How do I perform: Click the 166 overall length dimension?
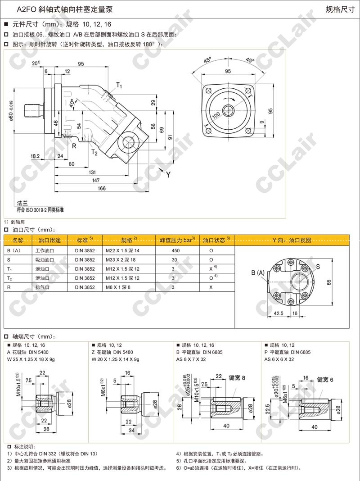101,188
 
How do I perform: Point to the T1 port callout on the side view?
119,85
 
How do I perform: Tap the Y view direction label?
168,175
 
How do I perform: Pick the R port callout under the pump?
74,145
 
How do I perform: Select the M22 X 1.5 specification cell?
122,250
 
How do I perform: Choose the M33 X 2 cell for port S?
121,260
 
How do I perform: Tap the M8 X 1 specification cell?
118,287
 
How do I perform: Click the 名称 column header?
21,240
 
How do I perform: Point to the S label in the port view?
318,266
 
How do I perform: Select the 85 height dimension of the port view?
342,282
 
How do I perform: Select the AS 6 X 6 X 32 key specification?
279,359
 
